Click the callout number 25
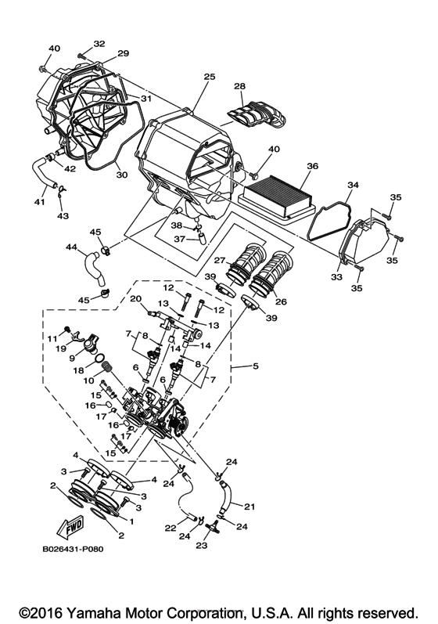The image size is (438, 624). (x=209, y=78)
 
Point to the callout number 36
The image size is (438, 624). (x=312, y=166)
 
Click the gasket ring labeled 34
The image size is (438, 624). (x=328, y=210)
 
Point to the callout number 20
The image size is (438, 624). (x=135, y=298)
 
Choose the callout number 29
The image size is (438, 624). (x=123, y=53)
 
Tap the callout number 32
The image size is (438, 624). (x=99, y=44)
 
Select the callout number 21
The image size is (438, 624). (x=250, y=507)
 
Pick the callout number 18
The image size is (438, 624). (x=78, y=372)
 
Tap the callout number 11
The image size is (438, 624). (x=54, y=337)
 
